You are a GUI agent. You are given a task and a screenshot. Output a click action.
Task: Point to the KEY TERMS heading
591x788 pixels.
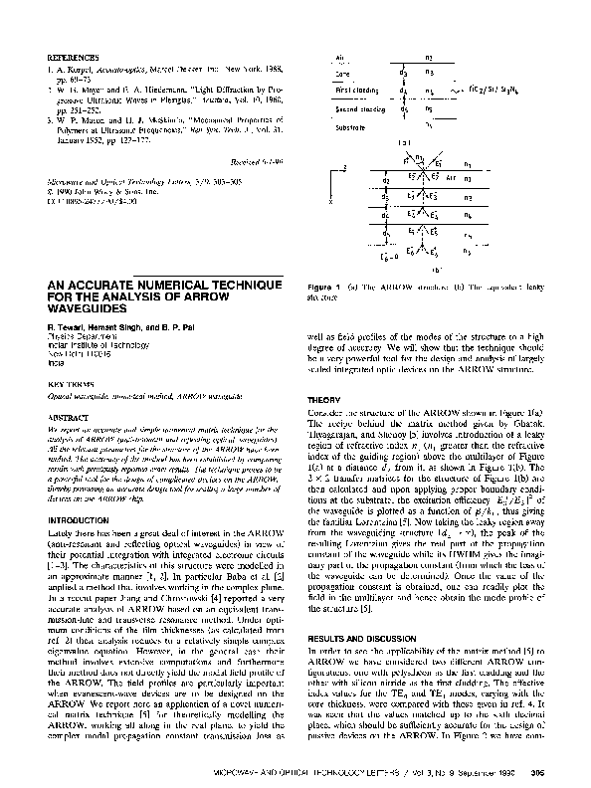(x=66, y=381)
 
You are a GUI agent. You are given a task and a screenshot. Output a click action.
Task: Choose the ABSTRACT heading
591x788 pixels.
(x=64, y=418)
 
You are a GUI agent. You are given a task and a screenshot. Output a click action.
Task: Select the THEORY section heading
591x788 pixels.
(x=324, y=400)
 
